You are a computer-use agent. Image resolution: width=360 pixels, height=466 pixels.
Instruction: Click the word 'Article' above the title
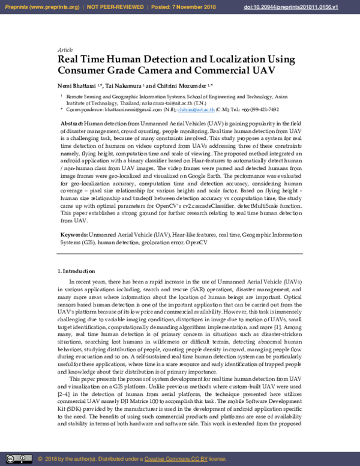tap(65, 50)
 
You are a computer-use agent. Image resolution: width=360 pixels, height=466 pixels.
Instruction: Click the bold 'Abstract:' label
tap(72, 123)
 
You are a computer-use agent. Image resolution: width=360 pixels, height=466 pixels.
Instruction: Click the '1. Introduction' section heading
tap(75, 271)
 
